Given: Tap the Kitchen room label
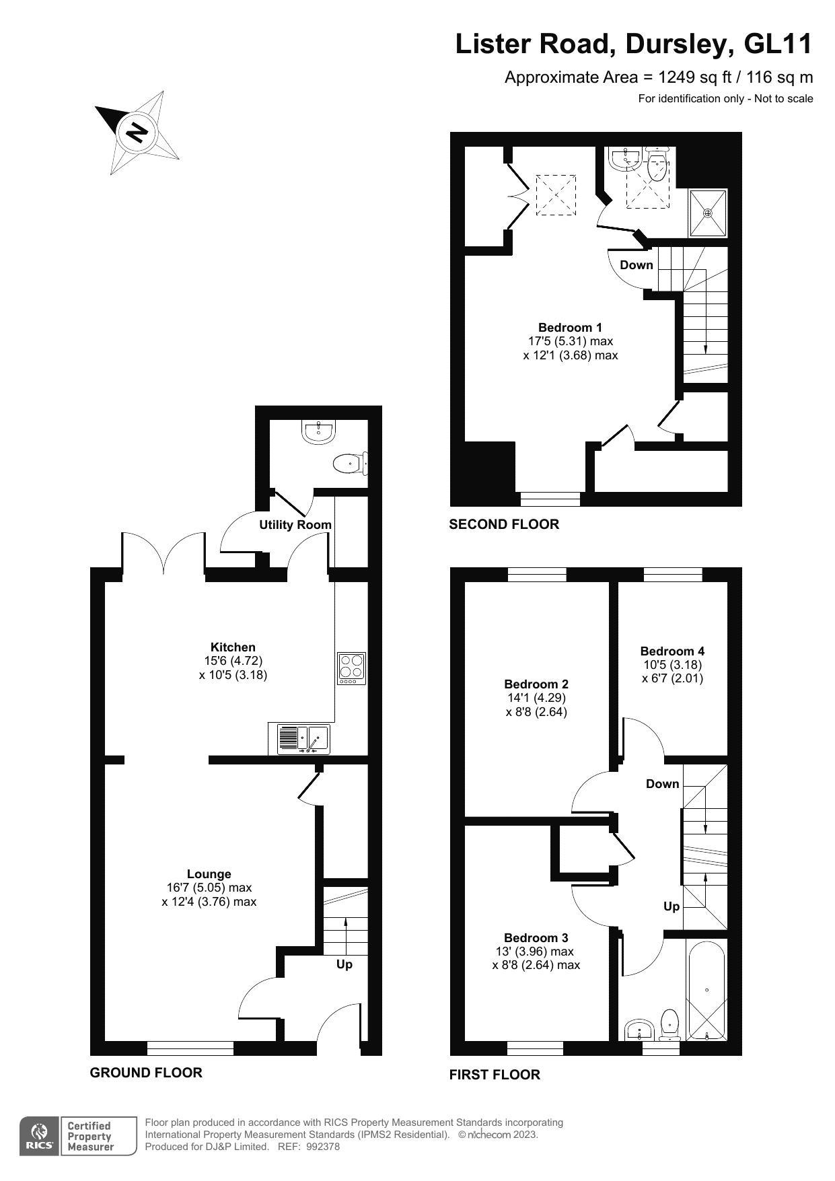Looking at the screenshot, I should [233, 647].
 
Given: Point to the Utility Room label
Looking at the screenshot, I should [295, 525].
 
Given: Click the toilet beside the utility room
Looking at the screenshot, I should [349, 463].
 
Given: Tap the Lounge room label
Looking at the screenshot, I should [209, 874].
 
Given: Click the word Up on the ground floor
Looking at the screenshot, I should [344, 964].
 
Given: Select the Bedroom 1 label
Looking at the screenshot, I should [570, 328].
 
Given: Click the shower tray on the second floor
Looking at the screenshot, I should [708, 213].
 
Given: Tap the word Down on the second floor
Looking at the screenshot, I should [637, 265].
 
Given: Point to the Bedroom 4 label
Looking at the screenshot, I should [672, 651].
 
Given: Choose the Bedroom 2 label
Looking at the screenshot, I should [536, 684].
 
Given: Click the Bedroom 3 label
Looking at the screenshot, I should [536, 938].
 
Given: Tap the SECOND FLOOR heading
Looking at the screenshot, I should [504, 524].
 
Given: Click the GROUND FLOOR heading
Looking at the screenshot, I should [146, 1073].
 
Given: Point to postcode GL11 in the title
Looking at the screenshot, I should [778, 44].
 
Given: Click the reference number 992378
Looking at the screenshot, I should [323, 1147].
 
